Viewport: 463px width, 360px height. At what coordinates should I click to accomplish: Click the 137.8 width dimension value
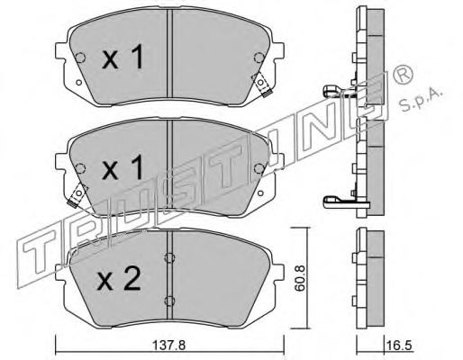(169, 346)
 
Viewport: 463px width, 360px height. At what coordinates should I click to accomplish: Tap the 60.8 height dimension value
(300, 278)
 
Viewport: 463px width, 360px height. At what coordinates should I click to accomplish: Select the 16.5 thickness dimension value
(402, 346)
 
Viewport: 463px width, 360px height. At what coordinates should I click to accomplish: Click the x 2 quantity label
(119, 279)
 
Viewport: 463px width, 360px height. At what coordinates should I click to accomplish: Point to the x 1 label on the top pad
(123, 58)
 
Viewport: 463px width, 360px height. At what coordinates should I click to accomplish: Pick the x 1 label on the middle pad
(123, 168)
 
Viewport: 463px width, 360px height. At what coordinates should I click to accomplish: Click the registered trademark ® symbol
(403, 75)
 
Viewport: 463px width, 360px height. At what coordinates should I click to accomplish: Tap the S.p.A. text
(422, 99)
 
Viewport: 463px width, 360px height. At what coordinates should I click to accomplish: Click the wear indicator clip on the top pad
(262, 85)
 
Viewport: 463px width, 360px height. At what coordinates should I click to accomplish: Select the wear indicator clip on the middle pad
(77, 195)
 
